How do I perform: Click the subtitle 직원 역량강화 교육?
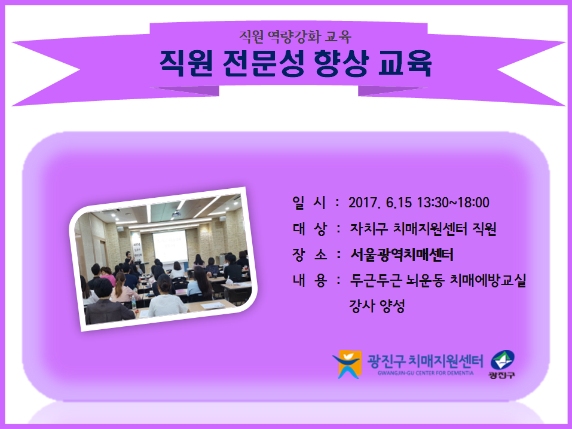point(295,36)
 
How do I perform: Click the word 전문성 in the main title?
point(263,63)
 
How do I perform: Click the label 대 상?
point(309,229)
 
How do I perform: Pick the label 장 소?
point(309,255)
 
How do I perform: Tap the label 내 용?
point(309,281)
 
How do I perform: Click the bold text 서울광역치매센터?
point(402,255)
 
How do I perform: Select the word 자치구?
point(368,229)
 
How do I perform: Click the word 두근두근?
point(376,281)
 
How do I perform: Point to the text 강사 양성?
point(377,306)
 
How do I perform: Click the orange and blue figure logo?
point(347,364)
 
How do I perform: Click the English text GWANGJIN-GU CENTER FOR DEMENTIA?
point(426,373)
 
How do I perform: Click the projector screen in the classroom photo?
point(170,247)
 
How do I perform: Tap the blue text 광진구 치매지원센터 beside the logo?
point(425,361)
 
